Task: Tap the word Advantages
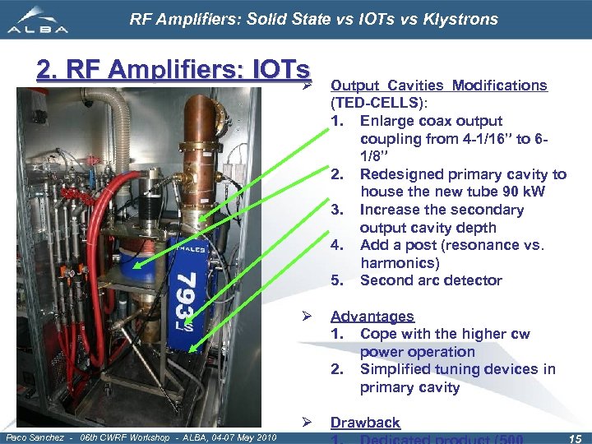372,317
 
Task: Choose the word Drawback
365,423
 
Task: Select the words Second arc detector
430,280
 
